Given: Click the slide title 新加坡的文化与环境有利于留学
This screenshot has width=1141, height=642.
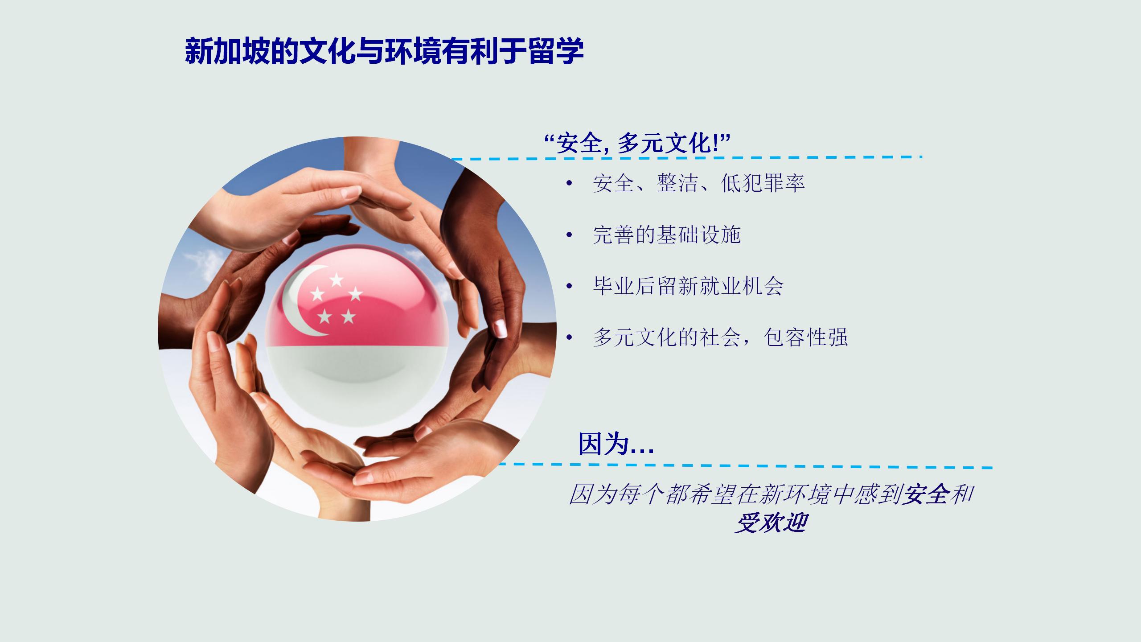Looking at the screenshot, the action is [x=384, y=51].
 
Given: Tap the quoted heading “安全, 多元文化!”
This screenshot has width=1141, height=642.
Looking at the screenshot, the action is [x=637, y=144].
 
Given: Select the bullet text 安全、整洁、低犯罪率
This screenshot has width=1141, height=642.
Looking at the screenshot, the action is [x=698, y=183].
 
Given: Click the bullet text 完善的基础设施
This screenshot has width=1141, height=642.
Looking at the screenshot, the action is [x=667, y=235].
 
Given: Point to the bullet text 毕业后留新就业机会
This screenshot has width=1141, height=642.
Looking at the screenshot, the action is [x=688, y=286].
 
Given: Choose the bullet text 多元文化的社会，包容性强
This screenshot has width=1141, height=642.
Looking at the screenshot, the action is [x=720, y=337].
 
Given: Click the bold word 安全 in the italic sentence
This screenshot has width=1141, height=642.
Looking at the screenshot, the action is [x=924, y=494].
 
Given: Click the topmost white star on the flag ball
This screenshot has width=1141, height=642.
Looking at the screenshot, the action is [x=337, y=280].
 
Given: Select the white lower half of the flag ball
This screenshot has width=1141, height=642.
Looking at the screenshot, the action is [x=357, y=383].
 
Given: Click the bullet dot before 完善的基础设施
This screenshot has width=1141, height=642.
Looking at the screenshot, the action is [x=569, y=235].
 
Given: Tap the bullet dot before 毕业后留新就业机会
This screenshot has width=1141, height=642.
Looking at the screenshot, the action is [x=569, y=286].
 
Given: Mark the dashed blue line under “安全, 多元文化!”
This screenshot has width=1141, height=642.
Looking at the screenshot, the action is [x=687, y=158].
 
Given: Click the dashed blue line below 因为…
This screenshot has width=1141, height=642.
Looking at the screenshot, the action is [x=745, y=466].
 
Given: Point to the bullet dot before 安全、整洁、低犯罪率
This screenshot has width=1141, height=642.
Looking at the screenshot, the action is [x=569, y=184].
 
